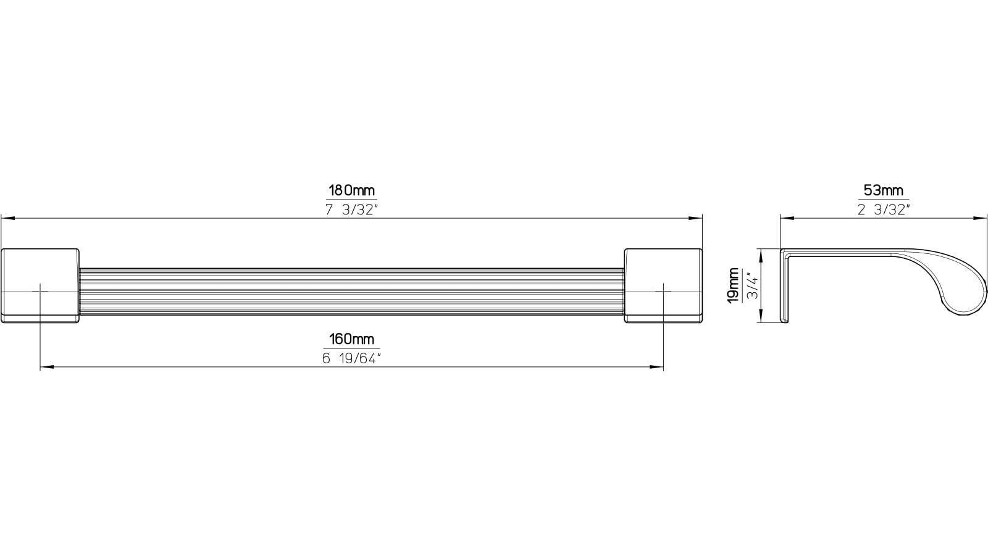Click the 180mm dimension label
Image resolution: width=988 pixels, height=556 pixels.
tap(351, 190)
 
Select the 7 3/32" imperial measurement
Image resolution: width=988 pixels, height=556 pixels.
tap(351, 209)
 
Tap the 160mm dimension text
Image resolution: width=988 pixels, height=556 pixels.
tap(351, 339)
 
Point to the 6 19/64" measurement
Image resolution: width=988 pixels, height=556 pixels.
tap(351, 358)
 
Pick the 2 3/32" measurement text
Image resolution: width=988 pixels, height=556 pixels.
tap(884, 209)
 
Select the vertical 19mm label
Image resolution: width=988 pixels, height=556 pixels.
tap(733, 285)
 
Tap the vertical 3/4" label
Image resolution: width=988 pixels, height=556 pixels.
tap(752, 285)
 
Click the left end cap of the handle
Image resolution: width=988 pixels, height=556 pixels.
tap(40, 285)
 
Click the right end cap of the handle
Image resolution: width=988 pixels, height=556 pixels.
tap(663, 285)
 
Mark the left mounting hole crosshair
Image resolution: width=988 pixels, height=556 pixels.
tap(40, 291)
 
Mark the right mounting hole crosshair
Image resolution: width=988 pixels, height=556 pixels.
tap(663, 291)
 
